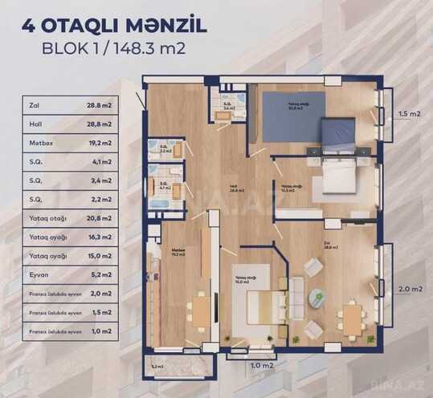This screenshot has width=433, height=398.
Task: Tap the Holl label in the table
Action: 35,120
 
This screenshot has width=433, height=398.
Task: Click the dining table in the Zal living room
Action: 351,317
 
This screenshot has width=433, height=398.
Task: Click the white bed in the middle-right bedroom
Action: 337,178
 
